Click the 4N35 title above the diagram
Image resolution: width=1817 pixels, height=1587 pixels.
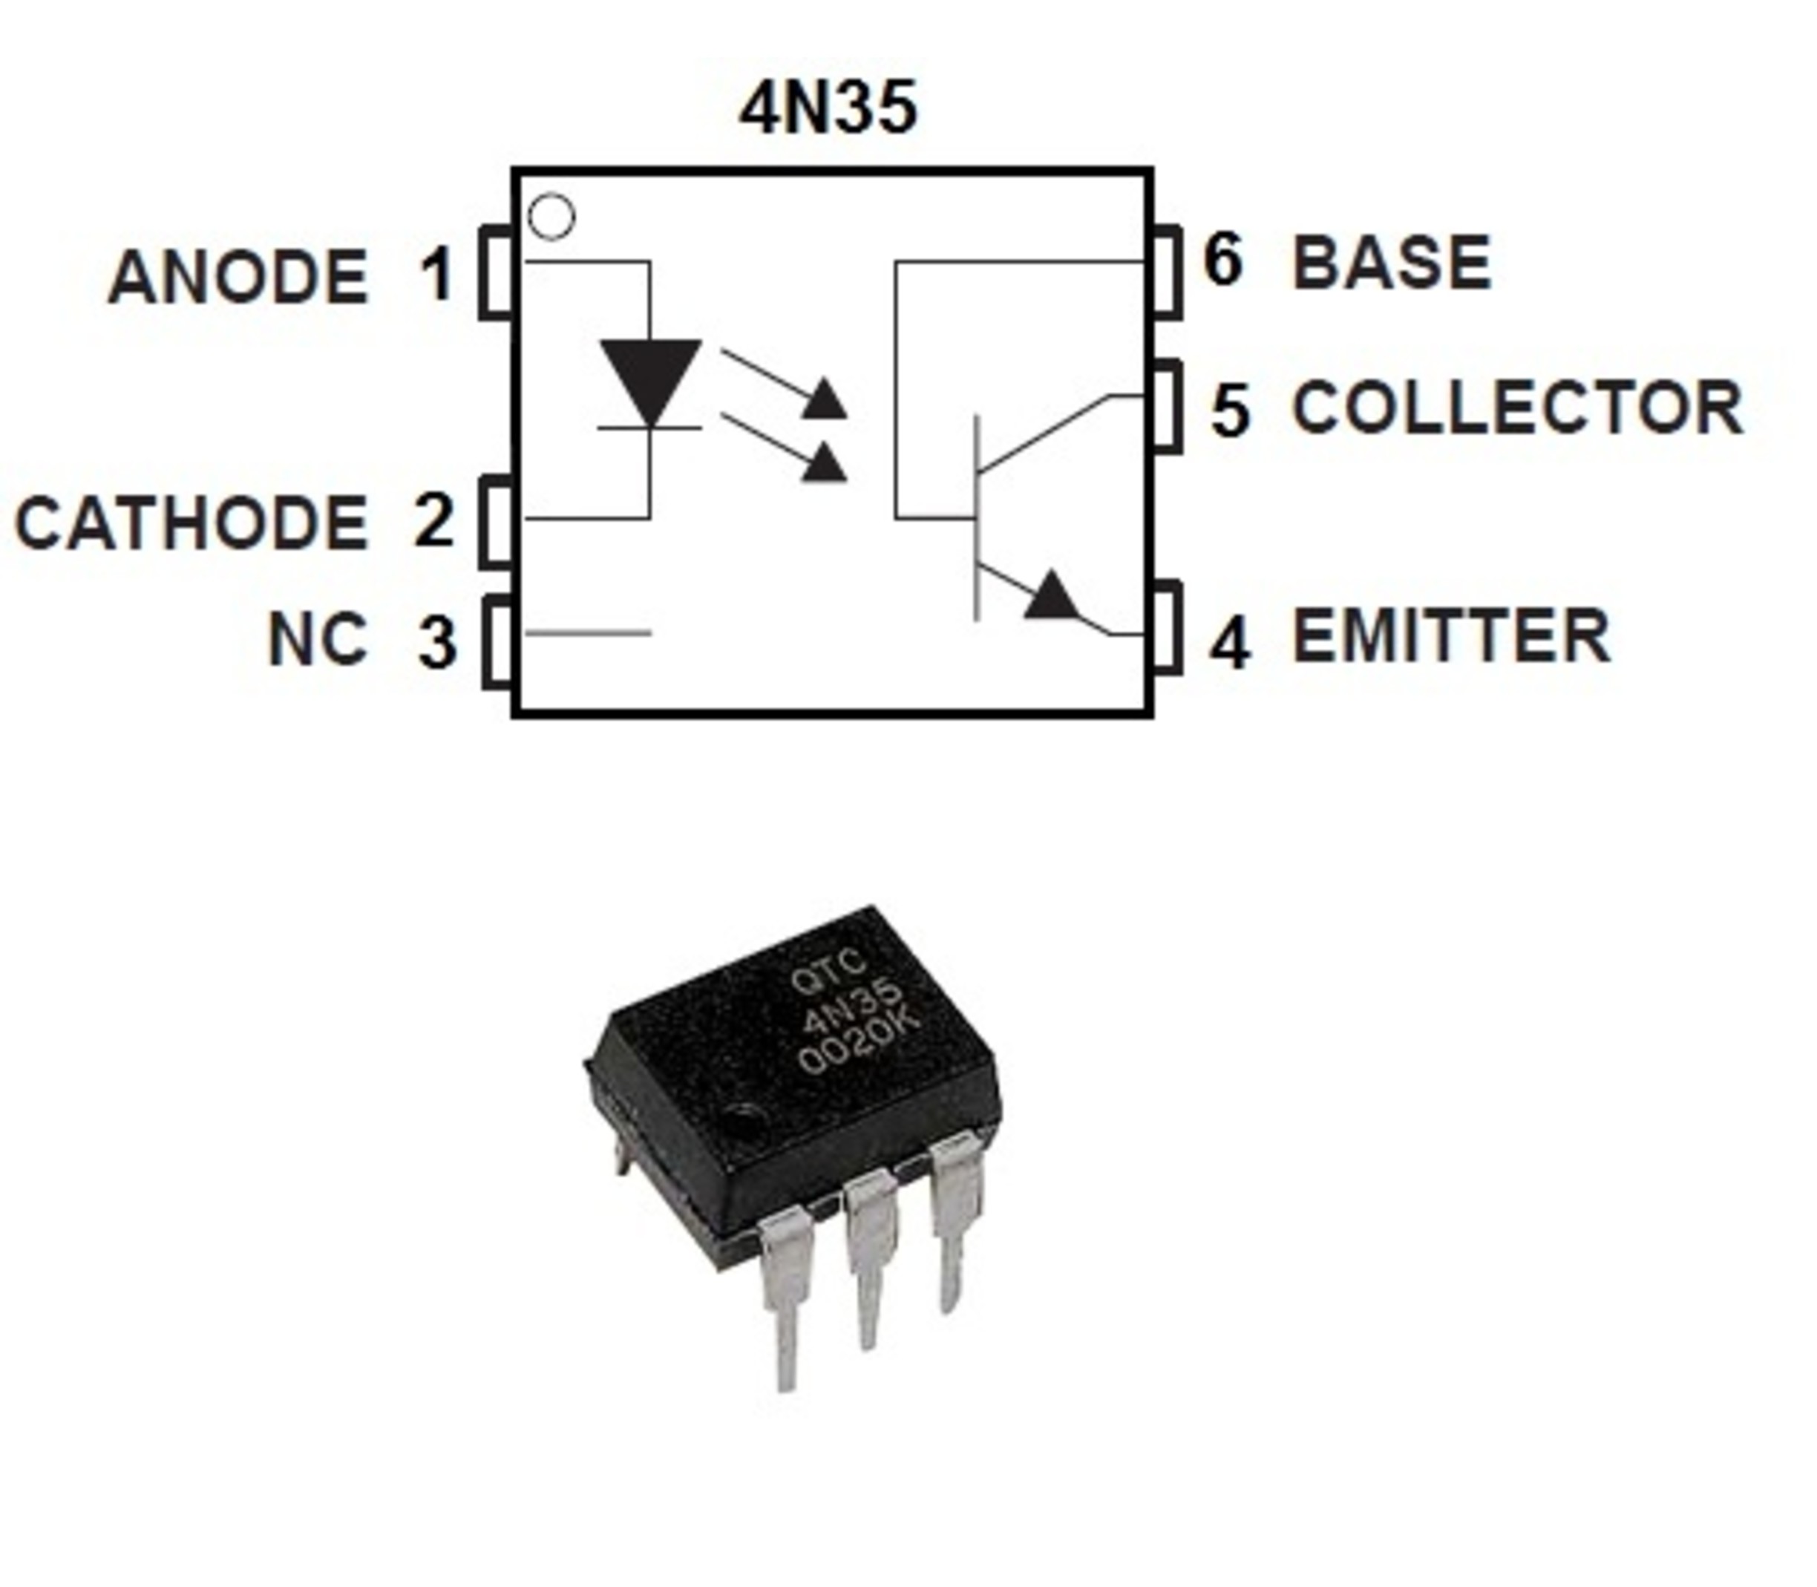click(x=828, y=109)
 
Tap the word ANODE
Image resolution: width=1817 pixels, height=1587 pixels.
click(x=238, y=277)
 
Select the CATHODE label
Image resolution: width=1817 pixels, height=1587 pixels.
click(x=191, y=523)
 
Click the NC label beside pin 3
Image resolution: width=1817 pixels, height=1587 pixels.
click(x=317, y=638)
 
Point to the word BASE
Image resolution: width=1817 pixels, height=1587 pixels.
click(x=1392, y=263)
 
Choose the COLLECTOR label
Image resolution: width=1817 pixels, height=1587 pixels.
click(x=1518, y=408)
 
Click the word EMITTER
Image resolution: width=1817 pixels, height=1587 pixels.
click(x=1451, y=636)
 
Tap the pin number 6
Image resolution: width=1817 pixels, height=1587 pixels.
click(x=1223, y=261)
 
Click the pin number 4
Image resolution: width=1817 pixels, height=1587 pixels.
click(x=1230, y=642)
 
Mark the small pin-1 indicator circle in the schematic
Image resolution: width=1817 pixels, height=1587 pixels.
click(x=551, y=217)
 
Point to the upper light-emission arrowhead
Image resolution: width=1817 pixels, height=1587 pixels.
click(x=825, y=400)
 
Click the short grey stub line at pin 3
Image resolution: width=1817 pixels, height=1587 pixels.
click(x=588, y=633)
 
